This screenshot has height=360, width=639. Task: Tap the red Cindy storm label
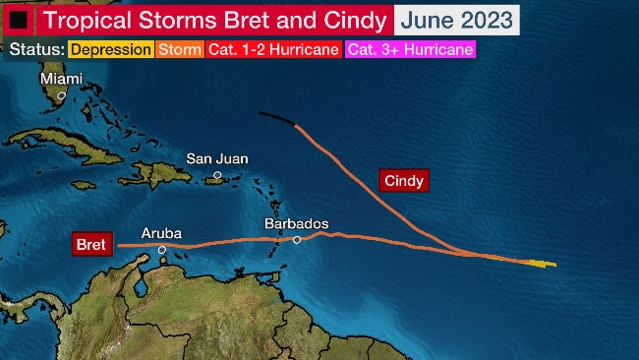405,181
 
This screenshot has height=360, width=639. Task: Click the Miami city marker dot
61,95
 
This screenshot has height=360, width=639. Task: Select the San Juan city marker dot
217,175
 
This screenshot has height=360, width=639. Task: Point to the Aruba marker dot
162,250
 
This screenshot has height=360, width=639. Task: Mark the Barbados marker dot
297,240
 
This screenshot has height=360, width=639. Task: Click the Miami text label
61,78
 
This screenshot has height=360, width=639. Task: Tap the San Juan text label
217,158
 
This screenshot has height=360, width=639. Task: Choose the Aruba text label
161,232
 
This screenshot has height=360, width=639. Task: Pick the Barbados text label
296,224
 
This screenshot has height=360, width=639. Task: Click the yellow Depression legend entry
111,49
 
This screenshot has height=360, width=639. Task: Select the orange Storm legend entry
177,49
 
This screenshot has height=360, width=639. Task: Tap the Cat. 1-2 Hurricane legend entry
273,49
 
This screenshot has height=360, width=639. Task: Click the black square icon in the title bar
18,19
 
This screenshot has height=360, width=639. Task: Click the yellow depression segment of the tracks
542,264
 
